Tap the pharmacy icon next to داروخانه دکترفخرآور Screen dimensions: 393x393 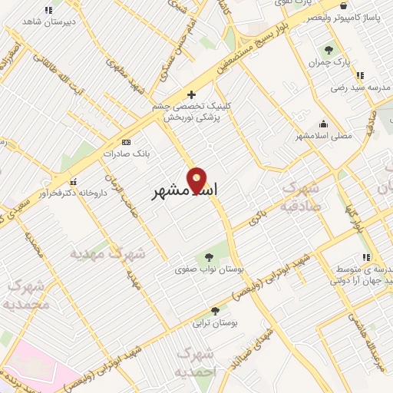[x=73, y=182]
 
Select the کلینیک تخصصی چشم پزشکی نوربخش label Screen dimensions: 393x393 [x=192, y=112]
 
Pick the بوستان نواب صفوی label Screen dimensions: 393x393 [x=202, y=269]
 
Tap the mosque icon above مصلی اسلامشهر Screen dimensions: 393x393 [x=324, y=124]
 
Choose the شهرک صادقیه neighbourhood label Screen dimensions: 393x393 [x=305, y=196]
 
